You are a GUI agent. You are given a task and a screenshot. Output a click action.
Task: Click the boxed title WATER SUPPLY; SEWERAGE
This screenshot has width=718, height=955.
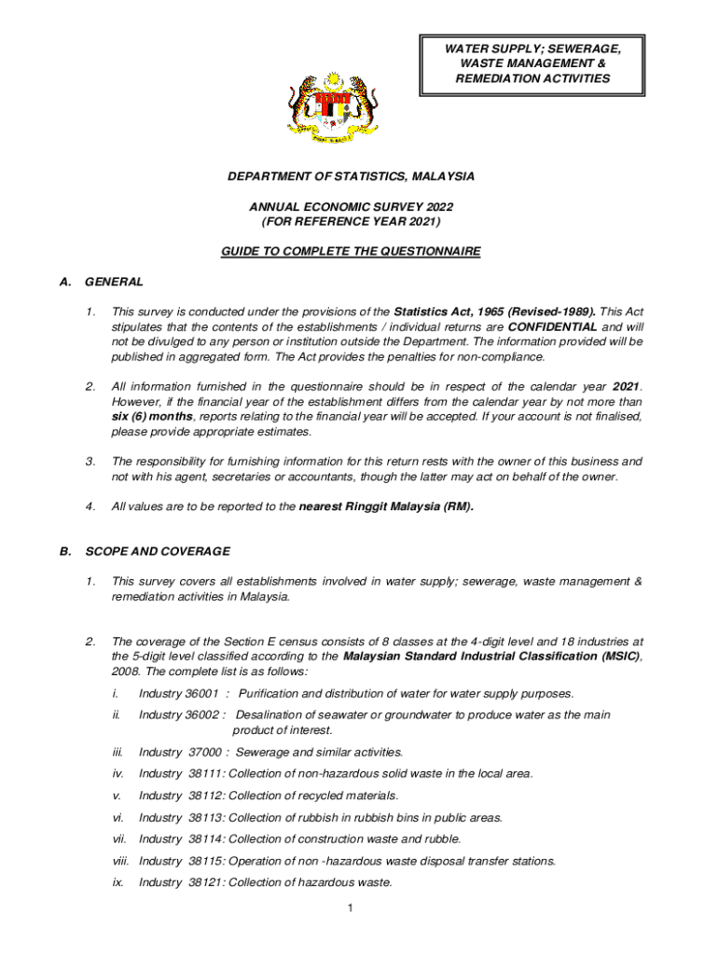click(x=532, y=47)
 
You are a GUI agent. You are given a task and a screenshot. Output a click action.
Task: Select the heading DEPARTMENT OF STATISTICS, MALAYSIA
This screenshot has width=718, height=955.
click(x=352, y=176)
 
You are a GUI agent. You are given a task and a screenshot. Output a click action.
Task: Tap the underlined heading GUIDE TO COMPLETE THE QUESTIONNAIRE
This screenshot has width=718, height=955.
click(x=351, y=252)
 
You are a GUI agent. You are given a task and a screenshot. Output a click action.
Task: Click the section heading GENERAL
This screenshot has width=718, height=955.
click(x=114, y=282)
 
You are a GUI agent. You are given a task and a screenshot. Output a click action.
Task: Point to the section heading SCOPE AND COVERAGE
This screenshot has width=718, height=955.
click(x=158, y=551)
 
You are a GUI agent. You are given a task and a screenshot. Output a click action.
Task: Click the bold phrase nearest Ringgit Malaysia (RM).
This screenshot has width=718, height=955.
click(x=386, y=507)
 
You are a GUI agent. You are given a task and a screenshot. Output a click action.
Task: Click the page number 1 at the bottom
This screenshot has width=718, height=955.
click(x=347, y=908)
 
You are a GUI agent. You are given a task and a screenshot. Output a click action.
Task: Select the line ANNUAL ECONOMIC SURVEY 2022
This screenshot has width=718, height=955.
click(x=351, y=206)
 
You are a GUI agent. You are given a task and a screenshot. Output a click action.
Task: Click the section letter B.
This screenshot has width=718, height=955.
click(x=65, y=551)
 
